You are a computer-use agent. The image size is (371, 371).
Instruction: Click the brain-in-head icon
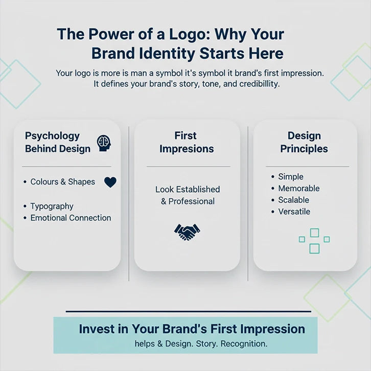[104, 143]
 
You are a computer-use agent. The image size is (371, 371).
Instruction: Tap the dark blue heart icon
[110, 182]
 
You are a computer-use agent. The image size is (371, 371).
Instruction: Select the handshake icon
[187, 232]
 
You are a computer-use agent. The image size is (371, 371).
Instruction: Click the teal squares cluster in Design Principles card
[314, 241]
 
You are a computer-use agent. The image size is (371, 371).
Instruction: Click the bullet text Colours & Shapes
[62, 182]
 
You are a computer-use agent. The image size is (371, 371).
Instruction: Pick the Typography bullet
[52, 206]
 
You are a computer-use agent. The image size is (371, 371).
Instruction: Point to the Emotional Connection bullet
[71, 218]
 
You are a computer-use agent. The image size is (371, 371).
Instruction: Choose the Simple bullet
[290, 177]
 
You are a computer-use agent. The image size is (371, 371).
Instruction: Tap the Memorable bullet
[298, 189]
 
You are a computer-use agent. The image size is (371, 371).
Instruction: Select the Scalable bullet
[293, 200]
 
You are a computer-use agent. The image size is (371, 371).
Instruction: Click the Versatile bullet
[294, 212]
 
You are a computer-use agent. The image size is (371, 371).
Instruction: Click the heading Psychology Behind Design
[58, 142]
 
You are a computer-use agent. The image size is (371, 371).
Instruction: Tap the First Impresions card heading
[187, 142]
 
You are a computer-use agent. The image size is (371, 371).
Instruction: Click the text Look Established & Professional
[188, 195]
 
